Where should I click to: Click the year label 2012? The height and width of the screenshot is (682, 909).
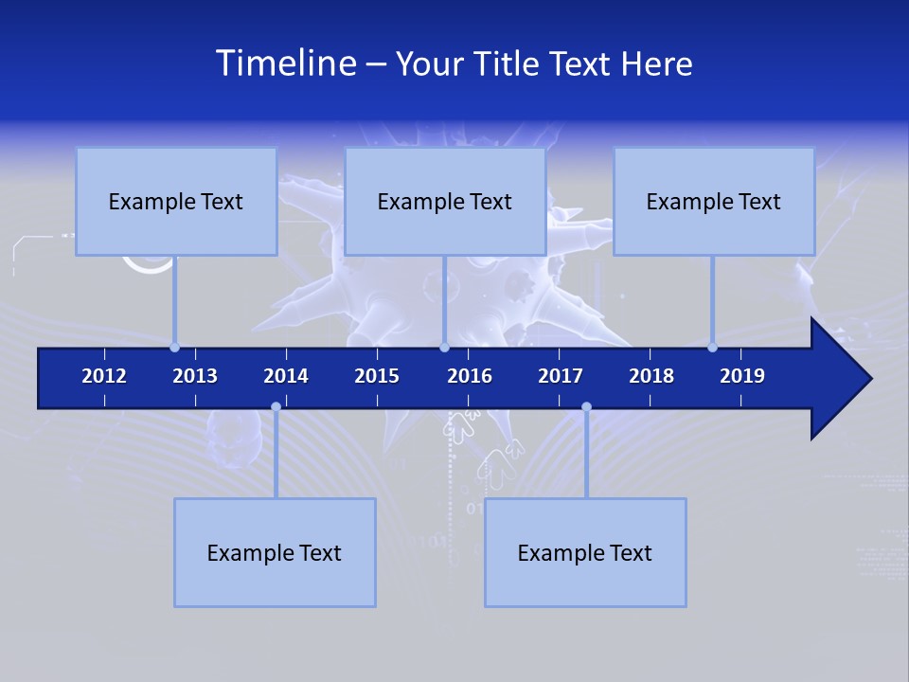[104, 376]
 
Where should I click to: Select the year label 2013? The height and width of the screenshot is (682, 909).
[195, 376]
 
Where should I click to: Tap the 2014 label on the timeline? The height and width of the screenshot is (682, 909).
[286, 376]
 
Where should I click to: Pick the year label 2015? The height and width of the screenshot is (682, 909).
[377, 376]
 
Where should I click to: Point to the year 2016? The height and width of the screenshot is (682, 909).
[470, 376]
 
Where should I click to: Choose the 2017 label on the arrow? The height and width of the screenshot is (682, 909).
[561, 376]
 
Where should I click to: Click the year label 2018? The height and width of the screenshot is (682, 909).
[651, 376]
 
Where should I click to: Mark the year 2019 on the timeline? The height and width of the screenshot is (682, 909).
[742, 376]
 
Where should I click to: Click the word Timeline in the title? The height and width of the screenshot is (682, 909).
[284, 63]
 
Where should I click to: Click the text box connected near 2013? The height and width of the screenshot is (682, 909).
[176, 201]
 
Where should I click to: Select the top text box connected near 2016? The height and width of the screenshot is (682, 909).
[445, 201]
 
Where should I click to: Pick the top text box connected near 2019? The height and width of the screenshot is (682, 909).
[714, 201]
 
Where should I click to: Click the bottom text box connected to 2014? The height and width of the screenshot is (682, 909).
[275, 552]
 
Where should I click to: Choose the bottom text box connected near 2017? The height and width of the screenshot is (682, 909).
[585, 552]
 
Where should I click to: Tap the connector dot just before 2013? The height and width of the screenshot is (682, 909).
[174, 348]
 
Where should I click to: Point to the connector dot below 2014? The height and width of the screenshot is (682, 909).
[276, 407]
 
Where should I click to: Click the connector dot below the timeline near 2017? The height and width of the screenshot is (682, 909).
[586, 407]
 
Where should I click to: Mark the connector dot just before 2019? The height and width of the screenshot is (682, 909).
[712, 348]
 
